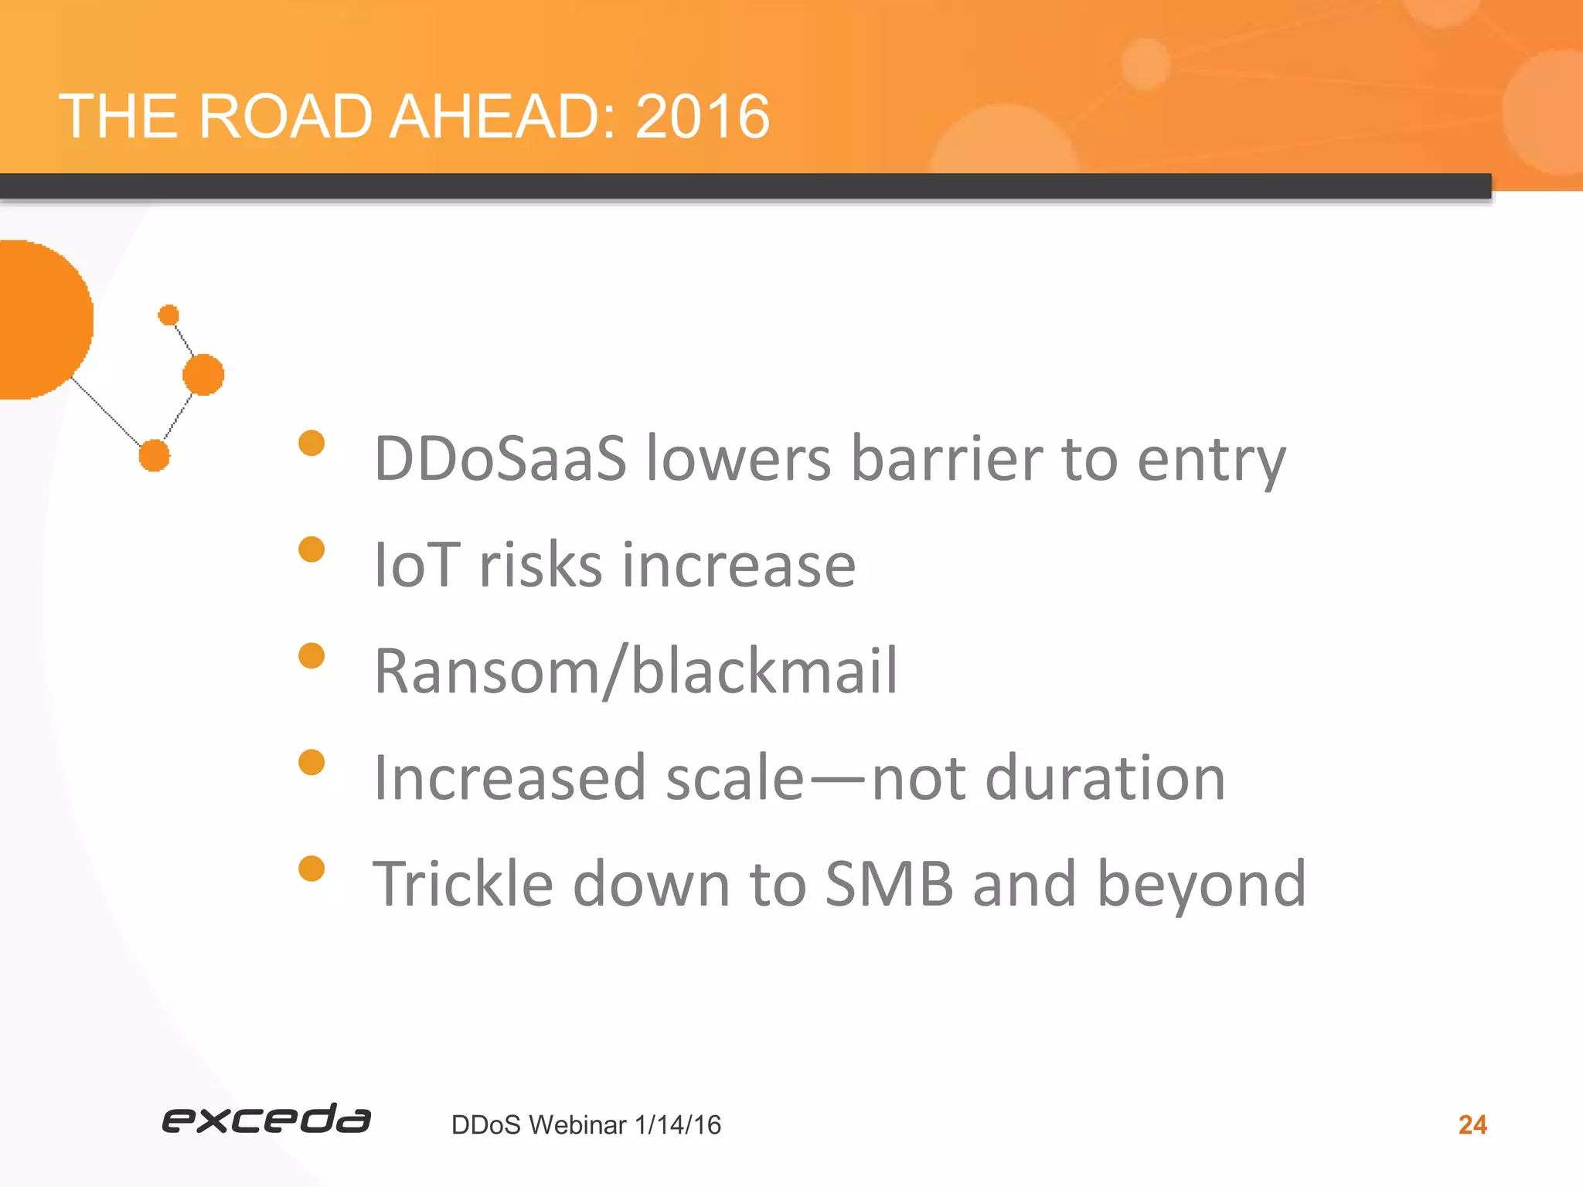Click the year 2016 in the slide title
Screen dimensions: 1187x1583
coord(702,117)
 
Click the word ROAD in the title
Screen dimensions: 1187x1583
coord(285,117)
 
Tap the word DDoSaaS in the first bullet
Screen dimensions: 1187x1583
coord(500,459)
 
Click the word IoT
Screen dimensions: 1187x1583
coord(417,565)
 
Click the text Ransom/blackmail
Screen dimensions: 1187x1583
coord(635,671)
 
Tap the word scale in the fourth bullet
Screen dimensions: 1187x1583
coord(735,777)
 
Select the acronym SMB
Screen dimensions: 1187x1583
coord(889,883)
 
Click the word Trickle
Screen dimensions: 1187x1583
coord(463,883)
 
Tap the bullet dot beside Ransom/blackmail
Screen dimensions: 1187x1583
coord(311,656)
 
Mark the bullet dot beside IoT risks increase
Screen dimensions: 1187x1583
coord(311,549)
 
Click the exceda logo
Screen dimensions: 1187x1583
coord(266,1119)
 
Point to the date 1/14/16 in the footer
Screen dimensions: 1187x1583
coord(677,1125)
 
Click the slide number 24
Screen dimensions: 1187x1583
coord(1472,1125)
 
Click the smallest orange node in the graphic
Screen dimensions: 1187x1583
coord(169,315)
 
